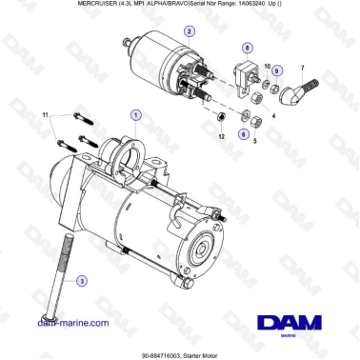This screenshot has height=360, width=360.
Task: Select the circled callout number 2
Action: point(189,30)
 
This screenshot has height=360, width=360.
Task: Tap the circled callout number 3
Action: point(82,281)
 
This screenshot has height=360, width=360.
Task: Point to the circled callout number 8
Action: point(248,47)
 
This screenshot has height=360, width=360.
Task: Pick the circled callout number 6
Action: point(242,134)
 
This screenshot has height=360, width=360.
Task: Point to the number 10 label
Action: point(266,68)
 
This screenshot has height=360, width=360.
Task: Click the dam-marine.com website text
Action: point(72,323)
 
